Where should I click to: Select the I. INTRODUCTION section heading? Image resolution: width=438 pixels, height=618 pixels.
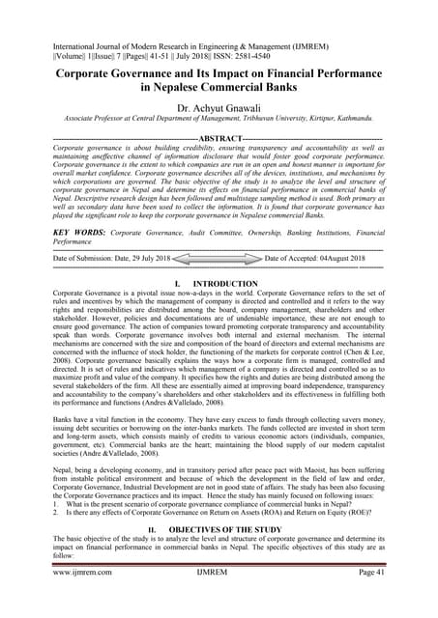pyautogui.click(x=219, y=282)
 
